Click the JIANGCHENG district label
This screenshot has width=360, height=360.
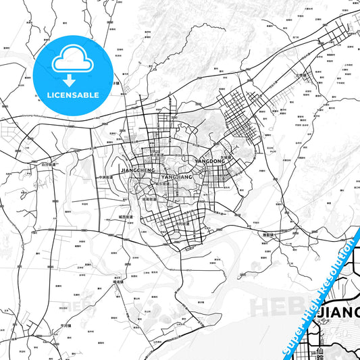coord(137,171)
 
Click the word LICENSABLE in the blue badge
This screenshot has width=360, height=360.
coord(73,95)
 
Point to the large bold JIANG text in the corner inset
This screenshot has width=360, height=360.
coord(339,312)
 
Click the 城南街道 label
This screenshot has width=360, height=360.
coord(150,200)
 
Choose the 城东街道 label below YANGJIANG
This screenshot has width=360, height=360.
coord(162,183)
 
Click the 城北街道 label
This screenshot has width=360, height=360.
coord(158,155)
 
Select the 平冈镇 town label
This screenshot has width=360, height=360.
coord(66,324)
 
